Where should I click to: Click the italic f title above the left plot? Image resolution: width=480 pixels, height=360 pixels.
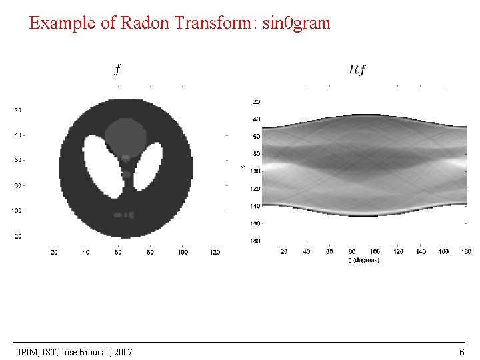pyautogui.click(x=118, y=69)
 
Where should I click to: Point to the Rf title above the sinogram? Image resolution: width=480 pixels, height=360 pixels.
pyautogui.click(x=357, y=69)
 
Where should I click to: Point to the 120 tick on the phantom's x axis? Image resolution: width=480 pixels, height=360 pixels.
pyautogui.click(x=215, y=252)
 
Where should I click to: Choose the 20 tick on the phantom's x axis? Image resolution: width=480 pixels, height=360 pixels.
pyautogui.click(x=54, y=252)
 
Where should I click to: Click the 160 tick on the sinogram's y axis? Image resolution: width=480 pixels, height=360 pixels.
pyautogui.click(x=256, y=223)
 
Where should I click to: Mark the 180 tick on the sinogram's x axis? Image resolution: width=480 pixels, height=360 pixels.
pyautogui.click(x=466, y=251)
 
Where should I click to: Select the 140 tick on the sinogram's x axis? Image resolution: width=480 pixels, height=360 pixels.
pyautogui.click(x=421, y=251)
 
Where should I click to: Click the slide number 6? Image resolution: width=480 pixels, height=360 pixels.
pyautogui.click(x=461, y=351)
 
